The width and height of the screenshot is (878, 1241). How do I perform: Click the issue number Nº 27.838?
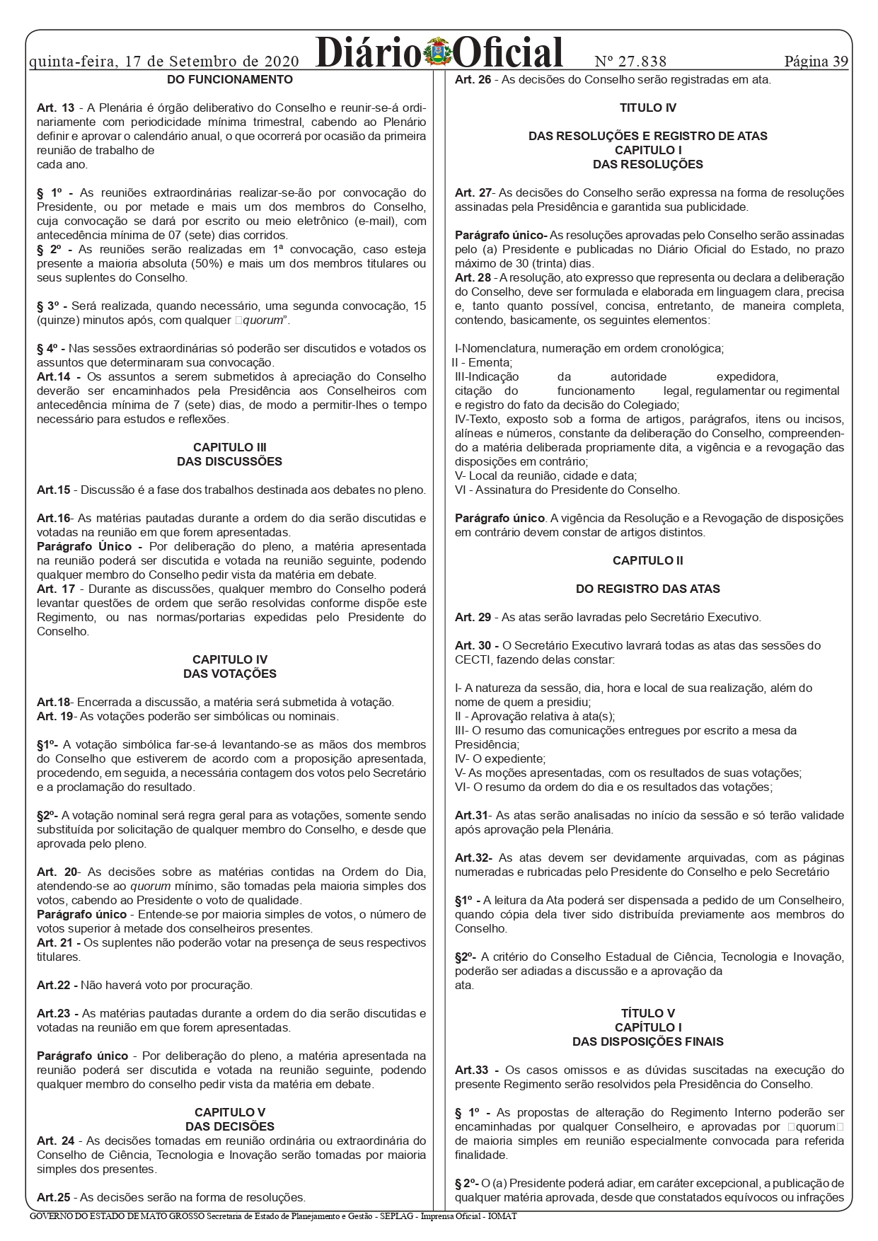[x=630, y=61]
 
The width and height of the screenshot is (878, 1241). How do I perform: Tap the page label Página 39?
[x=816, y=61]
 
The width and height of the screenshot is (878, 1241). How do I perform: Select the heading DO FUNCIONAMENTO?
[x=230, y=80]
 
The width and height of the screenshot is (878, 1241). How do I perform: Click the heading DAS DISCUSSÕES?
[x=230, y=462]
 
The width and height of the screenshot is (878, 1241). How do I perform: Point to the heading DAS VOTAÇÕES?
[x=230, y=674]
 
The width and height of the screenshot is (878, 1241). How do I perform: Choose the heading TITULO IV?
[x=648, y=108]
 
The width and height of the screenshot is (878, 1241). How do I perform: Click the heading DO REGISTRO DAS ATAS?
[x=648, y=589]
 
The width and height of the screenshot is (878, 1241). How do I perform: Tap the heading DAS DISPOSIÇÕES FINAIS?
[x=648, y=1042]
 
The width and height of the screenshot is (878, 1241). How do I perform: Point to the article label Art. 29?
[x=473, y=618]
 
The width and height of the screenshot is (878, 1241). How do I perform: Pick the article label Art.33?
[x=473, y=1070]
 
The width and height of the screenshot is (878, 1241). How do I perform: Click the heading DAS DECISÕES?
[x=230, y=1127]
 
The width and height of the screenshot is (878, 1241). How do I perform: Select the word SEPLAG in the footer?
[x=391, y=1216]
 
